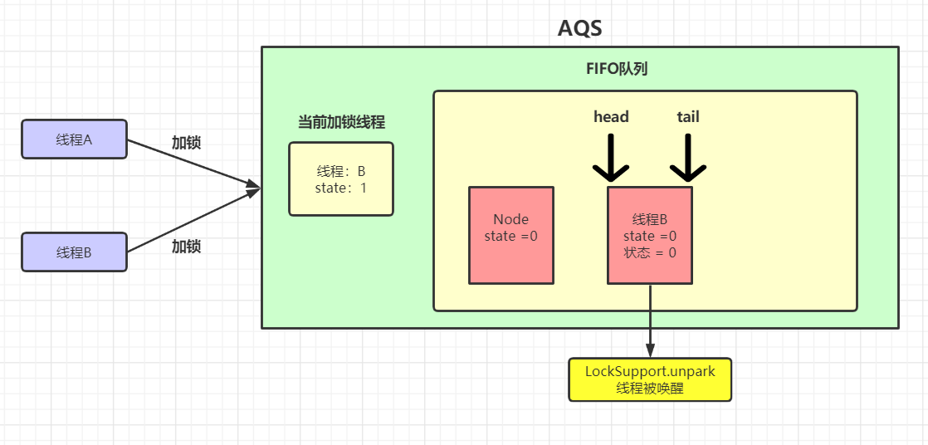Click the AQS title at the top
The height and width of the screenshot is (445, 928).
click(x=579, y=27)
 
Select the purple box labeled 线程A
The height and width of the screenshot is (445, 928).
click(x=74, y=139)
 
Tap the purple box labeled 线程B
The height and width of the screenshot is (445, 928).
click(x=74, y=252)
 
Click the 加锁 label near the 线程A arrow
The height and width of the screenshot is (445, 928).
click(x=186, y=142)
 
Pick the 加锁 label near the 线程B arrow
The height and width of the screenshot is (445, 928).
click(x=186, y=247)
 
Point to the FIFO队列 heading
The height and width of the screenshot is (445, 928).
click(x=617, y=69)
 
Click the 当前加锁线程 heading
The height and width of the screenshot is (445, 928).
click(x=341, y=122)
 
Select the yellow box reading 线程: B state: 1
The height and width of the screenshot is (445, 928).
click(x=341, y=179)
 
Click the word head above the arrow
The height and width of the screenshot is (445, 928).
click(x=611, y=117)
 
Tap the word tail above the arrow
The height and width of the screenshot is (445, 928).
click(x=688, y=117)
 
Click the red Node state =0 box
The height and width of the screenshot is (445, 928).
click(x=510, y=236)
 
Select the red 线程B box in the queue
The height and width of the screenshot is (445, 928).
click(x=650, y=236)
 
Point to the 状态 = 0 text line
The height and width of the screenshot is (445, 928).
click(x=650, y=252)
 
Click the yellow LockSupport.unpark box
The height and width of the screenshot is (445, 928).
click(x=650, y=379)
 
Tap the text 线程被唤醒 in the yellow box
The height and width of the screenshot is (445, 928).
click(x=650, y=388)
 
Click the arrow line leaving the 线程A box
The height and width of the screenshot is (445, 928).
click(x=191, y=163)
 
